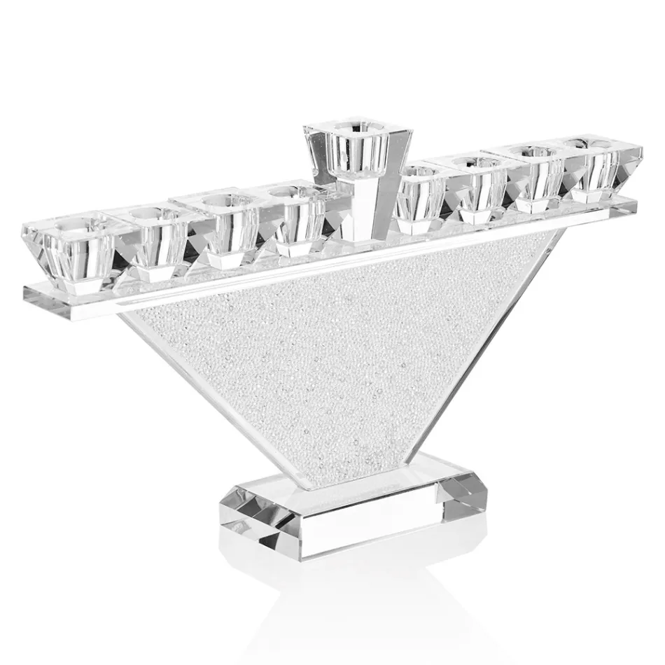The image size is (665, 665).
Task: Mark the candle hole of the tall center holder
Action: click(x=346, y=128)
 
